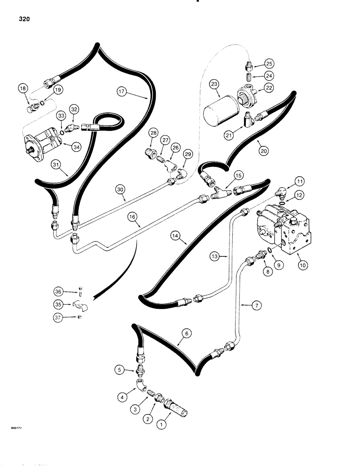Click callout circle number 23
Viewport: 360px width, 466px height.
point(214,84)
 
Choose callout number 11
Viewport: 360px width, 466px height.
point(299,181)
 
